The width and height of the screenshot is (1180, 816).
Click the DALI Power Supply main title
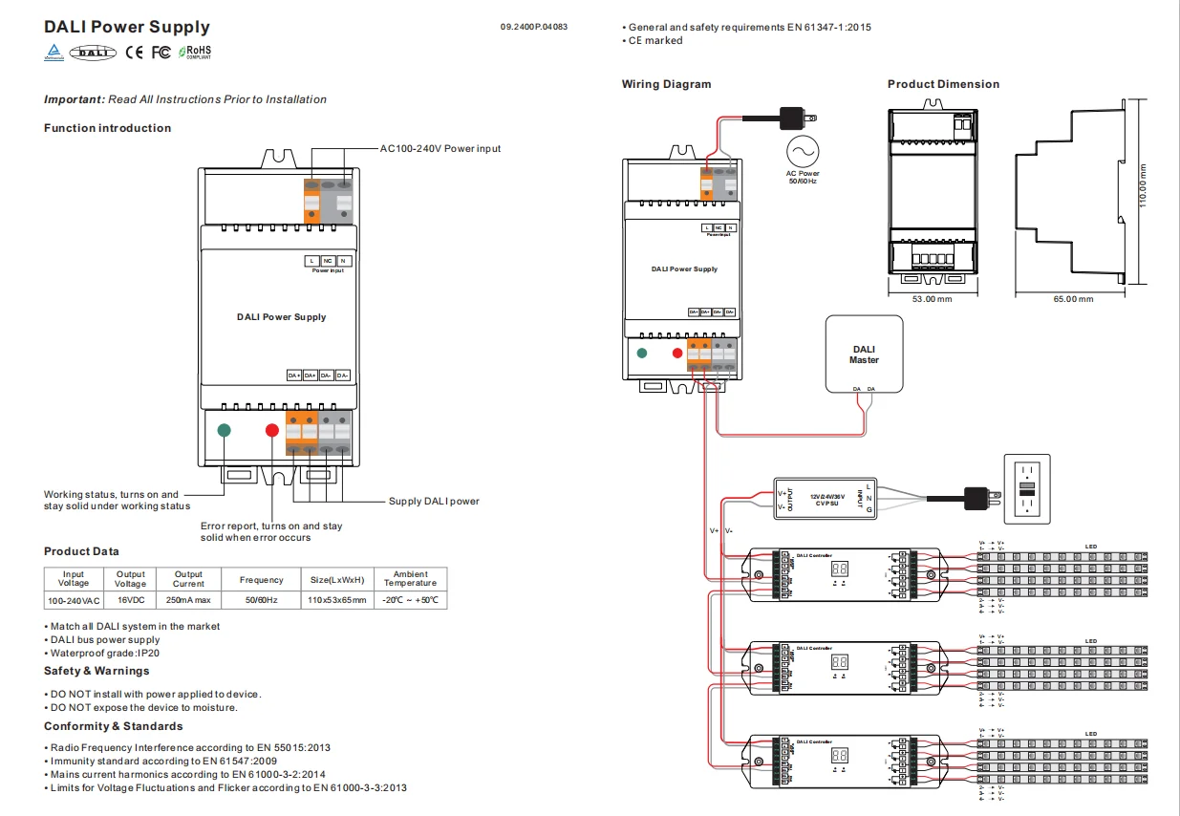point(127,28)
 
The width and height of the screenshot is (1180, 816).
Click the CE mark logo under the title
point(134,53)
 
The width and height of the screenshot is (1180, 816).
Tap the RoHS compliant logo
point(193,52)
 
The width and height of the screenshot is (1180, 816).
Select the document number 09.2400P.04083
point(533,27)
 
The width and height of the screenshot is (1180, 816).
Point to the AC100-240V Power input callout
point(440,149)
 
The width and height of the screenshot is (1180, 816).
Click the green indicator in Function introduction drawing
point(225,430)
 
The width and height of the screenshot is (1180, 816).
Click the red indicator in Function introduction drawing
point(271,430)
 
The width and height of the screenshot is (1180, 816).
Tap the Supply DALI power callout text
point(434,502)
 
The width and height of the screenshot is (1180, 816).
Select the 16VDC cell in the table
point(130,600)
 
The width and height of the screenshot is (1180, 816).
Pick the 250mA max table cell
point(188,600)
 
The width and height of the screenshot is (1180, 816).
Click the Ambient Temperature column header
point(410,579)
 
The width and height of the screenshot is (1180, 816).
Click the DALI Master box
point(864,354)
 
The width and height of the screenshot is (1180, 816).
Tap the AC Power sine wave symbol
point(803,152)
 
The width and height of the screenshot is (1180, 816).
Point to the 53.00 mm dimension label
point(932,299)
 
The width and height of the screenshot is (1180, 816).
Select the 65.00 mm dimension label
point(1073,299)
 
